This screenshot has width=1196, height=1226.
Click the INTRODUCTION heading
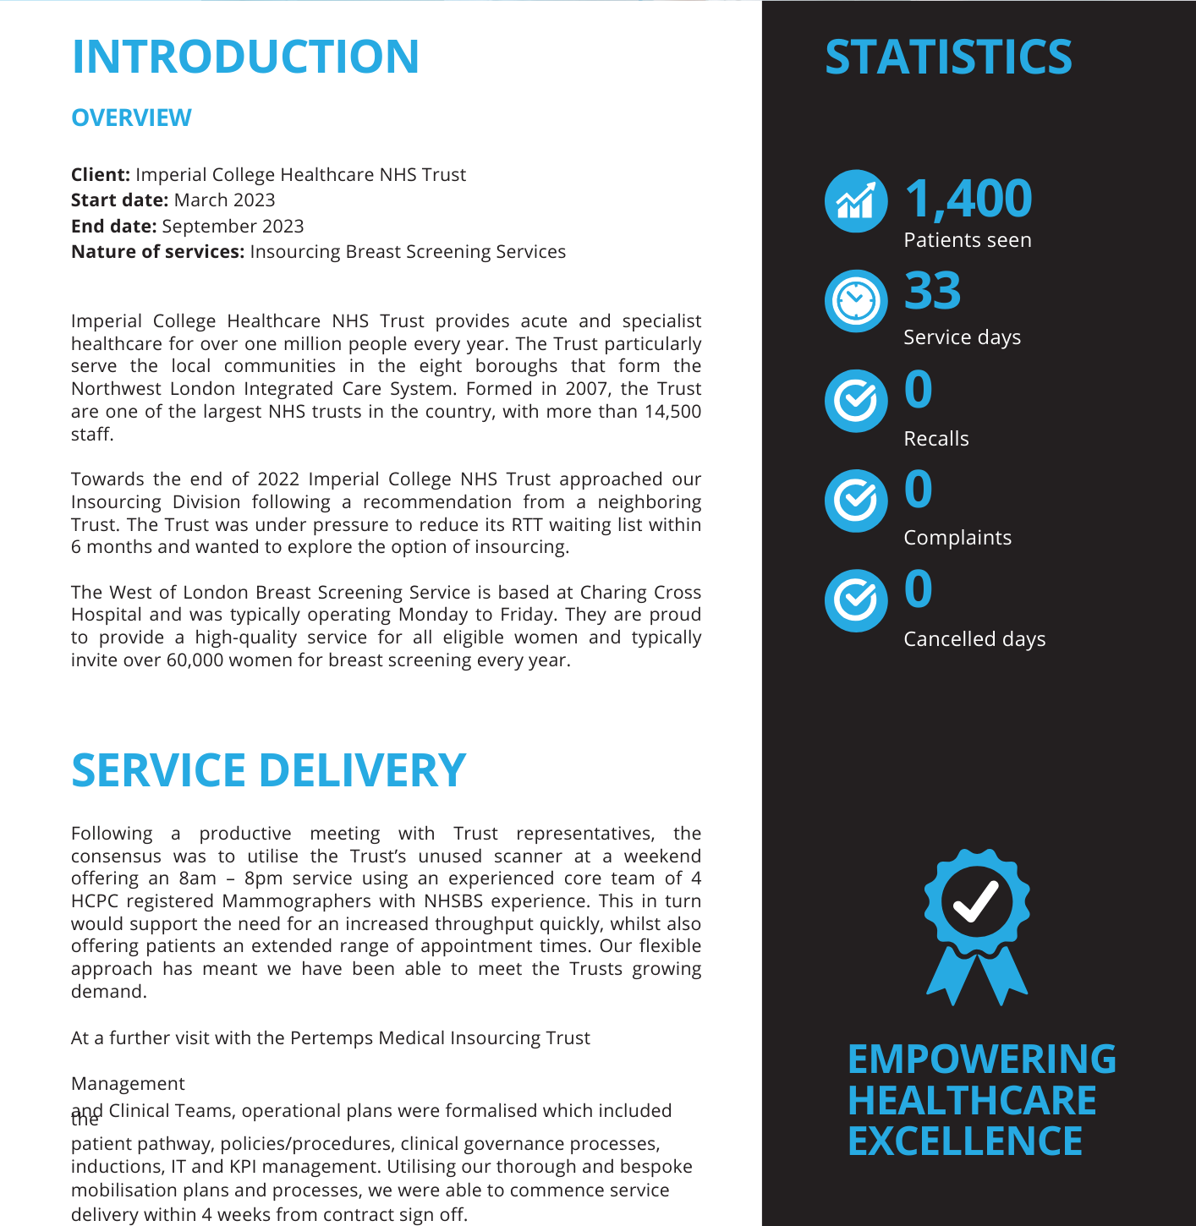click(245, 57)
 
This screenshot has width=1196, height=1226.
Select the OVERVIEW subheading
click(131, 118)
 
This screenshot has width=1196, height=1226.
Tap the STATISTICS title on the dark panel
click(948, 57)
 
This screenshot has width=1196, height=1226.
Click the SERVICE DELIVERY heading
click(268, 770)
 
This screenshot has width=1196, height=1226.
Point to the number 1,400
click(968, 199)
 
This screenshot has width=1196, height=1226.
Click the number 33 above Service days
click(932, 291)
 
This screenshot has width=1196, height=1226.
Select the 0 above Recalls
click(919, 390)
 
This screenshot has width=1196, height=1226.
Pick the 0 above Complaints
click(919, 490)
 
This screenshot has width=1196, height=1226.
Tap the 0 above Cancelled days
click(919, 589)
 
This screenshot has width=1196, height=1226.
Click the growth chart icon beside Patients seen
click(856, 201)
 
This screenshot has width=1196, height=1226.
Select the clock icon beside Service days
click(856, 301)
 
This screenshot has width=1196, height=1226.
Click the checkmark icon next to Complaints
click(856, 501)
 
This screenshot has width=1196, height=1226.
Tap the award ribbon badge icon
click(977, 926)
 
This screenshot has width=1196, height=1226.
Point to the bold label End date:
click(113, 227)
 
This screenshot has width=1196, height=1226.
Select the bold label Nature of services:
click(157, 252)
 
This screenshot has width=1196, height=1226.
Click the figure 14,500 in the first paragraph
click(672, 412)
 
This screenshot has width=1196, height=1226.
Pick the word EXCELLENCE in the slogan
click(965, 1141)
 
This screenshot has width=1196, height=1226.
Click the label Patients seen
click(968, 240)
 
